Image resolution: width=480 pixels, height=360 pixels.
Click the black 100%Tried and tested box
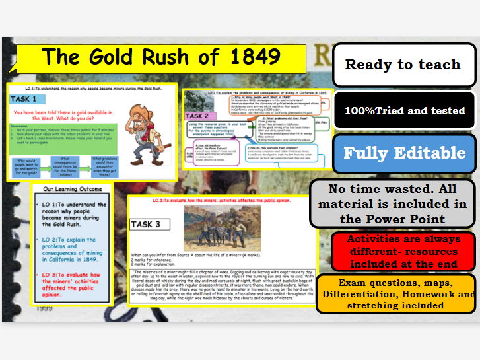[403, 110]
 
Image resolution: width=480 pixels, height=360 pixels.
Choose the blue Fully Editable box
[403, 153]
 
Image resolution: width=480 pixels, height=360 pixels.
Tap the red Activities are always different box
[403, 250]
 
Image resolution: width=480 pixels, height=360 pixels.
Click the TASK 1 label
[27, 99]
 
